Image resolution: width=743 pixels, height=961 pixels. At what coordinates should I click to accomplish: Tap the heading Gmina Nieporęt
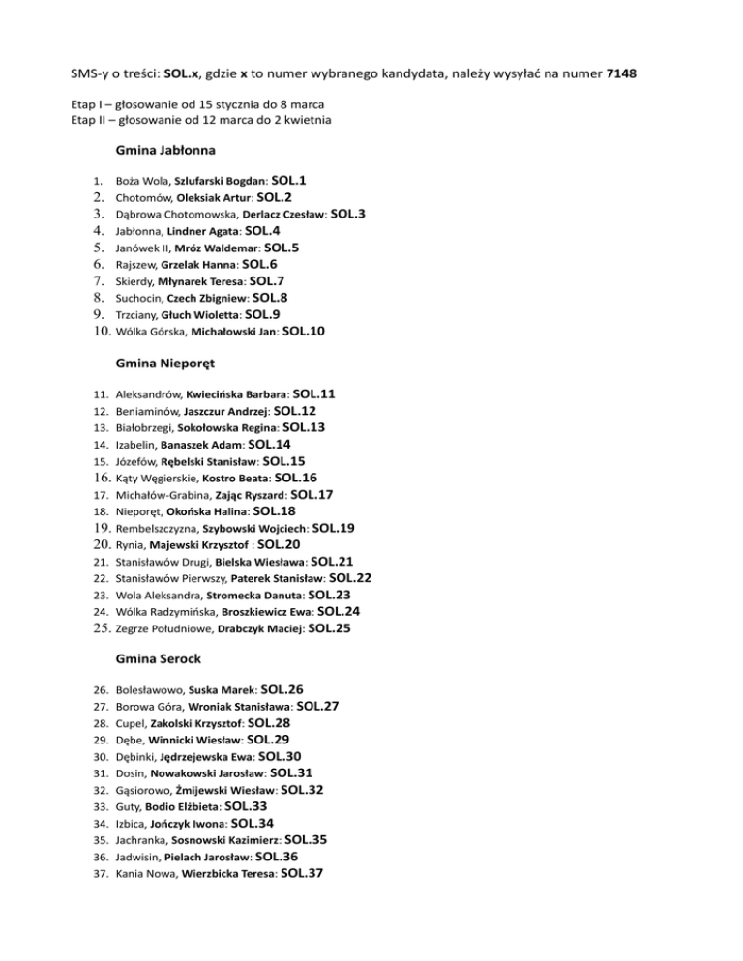(164, 364)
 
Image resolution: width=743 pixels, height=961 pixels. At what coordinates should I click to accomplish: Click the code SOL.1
(289, 180)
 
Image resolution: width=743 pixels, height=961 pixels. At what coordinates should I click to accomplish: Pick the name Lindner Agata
(203, 232)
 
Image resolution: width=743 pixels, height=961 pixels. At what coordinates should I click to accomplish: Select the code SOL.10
(304, 332)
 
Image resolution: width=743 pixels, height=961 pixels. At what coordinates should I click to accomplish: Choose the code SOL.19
(334, 528)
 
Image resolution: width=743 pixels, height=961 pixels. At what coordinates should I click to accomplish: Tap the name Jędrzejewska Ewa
(206, 757)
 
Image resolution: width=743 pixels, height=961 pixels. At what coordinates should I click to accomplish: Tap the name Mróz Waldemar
(218, 248)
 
